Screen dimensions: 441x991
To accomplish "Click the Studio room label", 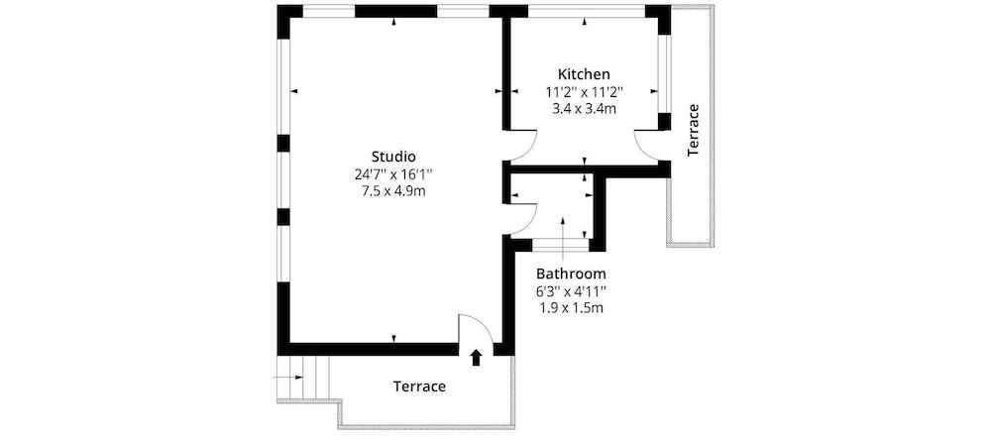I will [392, 157].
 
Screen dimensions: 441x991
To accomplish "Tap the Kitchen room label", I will [584, 74].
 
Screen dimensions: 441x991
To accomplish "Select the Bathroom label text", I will [571, 274].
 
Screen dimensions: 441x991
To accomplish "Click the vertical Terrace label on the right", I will [694, 129].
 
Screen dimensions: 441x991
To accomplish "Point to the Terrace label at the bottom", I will [419, 386].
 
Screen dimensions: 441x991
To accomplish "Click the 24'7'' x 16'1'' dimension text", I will [393, 173].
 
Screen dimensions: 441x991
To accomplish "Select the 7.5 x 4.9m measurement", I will [393, 190].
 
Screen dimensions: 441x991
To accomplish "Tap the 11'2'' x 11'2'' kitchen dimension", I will [584, 91].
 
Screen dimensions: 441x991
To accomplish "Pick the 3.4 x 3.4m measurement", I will [584, 108].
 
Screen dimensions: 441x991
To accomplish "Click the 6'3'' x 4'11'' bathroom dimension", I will [571, 290].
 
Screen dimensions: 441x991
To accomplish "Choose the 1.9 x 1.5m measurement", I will [571, 307].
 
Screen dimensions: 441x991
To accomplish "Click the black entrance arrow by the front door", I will [476, 357].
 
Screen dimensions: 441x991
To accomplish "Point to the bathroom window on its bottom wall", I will [560, 243].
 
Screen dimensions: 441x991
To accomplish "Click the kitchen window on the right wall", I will [665, 74].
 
